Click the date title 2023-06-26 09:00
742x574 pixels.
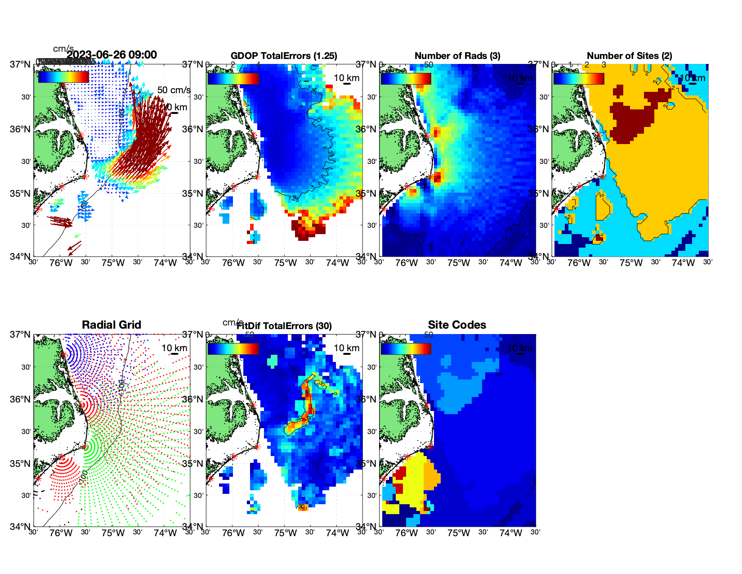click(112, 55)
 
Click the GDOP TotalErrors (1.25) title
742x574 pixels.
click(284, 56)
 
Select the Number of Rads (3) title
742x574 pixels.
click(457, 56)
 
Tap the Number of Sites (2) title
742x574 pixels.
click(630, 56)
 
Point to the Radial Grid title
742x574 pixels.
click(112, 325)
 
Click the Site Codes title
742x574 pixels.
click(457, 325)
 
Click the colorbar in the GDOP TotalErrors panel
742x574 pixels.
click(233, 78)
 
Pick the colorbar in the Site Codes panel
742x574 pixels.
click(406, 348)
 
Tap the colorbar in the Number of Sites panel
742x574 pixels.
click(578, 78)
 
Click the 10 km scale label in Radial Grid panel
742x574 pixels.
click(174, 348)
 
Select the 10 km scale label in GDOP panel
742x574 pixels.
click(346, 78)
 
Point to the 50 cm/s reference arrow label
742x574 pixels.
click(174, 90)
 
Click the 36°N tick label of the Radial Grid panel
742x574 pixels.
click(21, 399)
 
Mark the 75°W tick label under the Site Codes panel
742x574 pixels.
click(458, 533)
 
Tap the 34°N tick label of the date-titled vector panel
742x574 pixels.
click(21, 257)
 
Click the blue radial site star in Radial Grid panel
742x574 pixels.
click(63, 354)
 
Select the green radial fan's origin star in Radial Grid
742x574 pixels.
click(85, 447)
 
